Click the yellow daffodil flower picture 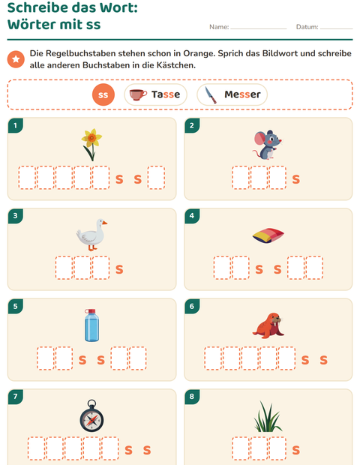91,145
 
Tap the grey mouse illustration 268,145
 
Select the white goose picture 91,235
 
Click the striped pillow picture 268,235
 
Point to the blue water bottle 91,325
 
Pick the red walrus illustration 268,325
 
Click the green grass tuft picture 268,416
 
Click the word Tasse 166,94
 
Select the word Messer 242,94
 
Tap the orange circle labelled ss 103,94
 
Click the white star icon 16,59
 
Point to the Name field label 219,27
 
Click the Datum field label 307,27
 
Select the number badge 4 192,215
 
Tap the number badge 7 16,397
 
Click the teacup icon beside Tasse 138,94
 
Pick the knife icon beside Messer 211,95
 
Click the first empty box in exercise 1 27,177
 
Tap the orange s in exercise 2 296,179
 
